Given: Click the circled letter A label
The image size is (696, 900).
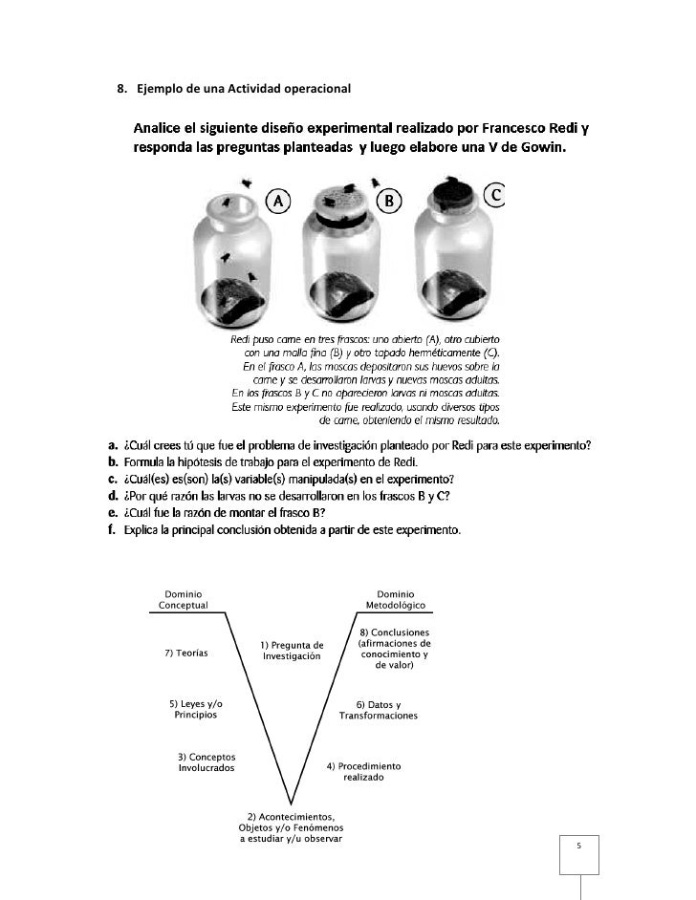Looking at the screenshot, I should tap(277, 202).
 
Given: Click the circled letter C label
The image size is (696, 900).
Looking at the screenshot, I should tap(496, 195).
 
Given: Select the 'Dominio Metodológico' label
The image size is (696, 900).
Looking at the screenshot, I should tap(396, 600).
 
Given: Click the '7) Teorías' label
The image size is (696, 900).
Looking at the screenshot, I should tap(186, 653).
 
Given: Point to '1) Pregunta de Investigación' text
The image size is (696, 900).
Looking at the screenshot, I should tap(292, 651).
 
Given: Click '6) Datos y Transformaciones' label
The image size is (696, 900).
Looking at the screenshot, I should tap(379, 710).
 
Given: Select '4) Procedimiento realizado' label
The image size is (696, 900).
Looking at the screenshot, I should tap(363, 772).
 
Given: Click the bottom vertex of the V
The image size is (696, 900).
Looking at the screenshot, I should tap(291, 802).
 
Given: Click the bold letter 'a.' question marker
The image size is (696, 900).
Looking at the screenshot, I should tap(112, 444).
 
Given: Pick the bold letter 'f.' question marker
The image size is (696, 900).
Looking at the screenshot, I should tap(111, 530).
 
